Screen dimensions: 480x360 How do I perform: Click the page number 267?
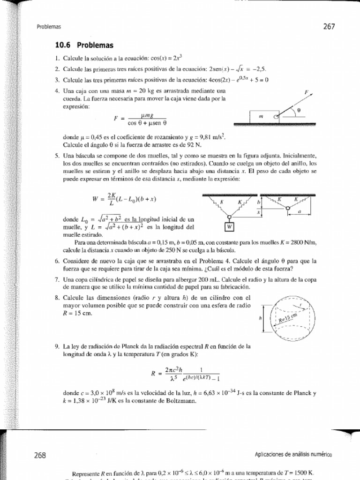329,27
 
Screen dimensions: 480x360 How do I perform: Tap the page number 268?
39,455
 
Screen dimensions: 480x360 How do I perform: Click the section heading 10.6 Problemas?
84,45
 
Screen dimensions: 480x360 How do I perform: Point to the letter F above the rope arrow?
306,93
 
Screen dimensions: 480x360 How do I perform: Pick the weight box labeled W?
229,227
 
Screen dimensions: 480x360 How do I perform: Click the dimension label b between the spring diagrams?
258,202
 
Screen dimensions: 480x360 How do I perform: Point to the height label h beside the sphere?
260,318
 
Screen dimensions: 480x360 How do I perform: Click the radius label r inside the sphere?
301,304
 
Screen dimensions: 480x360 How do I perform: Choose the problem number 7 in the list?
57,279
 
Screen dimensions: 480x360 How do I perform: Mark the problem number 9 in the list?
57,346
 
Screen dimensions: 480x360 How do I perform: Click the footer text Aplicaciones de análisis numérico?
293,454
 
